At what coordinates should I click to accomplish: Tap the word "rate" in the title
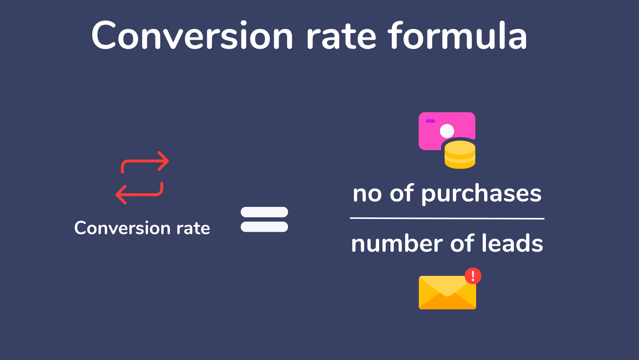point(341,37)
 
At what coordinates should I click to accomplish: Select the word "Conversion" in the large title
point(192,35)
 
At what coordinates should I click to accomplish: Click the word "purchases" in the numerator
point(481,194)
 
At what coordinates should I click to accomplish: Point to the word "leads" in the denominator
point(512,243)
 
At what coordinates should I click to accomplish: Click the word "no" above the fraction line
point(367,194)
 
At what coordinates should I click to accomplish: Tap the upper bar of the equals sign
point(264,212)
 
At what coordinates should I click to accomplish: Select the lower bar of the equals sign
point(264,227)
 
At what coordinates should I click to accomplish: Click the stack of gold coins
point(460,154)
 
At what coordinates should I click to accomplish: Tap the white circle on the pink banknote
point(447,131)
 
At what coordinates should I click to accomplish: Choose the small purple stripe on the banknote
point(430,121)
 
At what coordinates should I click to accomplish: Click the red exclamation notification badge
point(473,276)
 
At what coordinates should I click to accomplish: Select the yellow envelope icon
point(447,292)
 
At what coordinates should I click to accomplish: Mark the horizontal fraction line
point(447,219)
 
